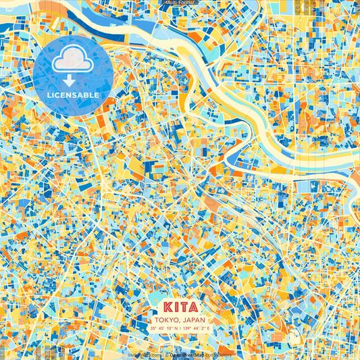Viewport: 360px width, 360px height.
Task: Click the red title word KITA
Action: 180,307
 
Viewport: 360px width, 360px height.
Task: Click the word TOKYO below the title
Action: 166,319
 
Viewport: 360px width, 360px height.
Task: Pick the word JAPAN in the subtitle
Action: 193,319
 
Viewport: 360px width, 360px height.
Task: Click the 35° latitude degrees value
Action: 153,328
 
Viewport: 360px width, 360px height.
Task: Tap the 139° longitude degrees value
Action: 187,328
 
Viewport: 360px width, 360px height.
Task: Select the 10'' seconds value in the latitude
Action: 168,328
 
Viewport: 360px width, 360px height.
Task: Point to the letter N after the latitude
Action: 175,328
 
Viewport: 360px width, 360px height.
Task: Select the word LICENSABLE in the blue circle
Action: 73,95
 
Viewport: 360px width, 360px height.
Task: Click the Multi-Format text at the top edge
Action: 180,3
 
